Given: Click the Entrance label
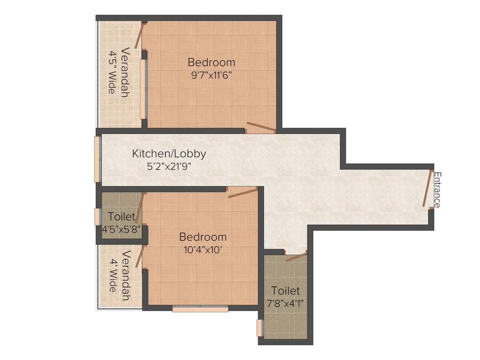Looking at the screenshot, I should [437, 190].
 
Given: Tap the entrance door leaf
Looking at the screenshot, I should [427, 188].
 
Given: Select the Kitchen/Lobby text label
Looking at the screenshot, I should [169, 153].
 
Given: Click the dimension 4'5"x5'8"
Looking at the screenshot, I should [122, 229].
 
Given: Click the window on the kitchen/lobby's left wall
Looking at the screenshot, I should [97, 159].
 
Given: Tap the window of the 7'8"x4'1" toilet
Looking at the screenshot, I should [259, 328].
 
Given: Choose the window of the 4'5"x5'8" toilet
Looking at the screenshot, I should [97, 217].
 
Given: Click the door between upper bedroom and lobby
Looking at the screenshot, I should [261, 127].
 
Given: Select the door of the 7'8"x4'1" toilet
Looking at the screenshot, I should [296, 257].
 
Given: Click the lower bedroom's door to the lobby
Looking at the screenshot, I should [242, 193].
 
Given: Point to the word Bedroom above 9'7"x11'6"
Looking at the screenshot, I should [211, 62].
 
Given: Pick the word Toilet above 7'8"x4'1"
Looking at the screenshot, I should [285, 291].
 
